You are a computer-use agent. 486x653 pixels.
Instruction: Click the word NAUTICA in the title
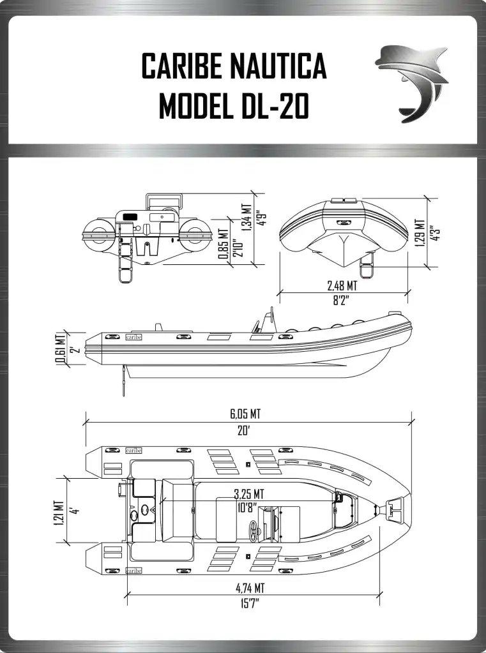tap(279, 66)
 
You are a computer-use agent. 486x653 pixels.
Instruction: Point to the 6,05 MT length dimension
tap(245, 414)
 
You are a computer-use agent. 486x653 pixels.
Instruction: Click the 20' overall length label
tap(243, 431)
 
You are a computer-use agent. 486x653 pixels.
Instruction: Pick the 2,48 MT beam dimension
tap(342, 286)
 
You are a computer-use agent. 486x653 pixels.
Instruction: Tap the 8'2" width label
tap(341, 300)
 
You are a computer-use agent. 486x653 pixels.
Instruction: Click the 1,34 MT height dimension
tap(246, 217)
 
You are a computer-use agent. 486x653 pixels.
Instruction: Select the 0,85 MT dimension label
tap(224, 244)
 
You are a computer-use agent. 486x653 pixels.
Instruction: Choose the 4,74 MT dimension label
tap(250, 588)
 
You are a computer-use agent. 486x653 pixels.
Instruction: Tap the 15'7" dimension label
tap(250, 603)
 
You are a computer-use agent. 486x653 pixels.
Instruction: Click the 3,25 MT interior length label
tap(249, 494)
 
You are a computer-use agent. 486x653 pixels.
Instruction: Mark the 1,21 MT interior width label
tap(59, 513)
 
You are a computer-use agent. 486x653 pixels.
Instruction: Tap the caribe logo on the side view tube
tap(134, 337)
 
